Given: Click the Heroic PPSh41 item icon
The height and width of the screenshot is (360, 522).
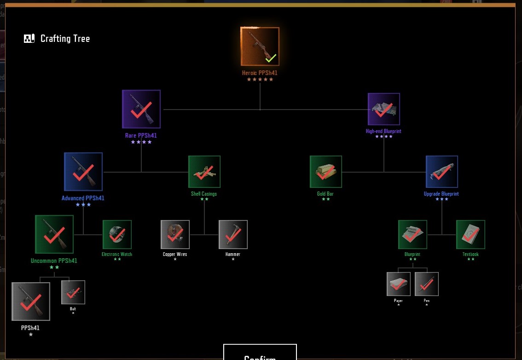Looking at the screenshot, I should pyautogui.click(x=260, y=46).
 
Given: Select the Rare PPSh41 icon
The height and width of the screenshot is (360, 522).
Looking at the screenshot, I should pyautogui.click(x=141, y=109).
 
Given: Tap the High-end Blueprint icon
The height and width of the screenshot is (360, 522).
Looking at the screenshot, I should pyautogui.click(x=384, y=109).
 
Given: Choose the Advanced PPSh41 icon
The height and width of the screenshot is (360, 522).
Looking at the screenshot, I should pyautogui.click(x=83, y=172).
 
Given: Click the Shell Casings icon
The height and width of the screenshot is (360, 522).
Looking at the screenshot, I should pyautogui.click(x=204, y=172).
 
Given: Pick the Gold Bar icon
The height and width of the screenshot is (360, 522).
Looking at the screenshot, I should pyautogui.click(x=326, y=172).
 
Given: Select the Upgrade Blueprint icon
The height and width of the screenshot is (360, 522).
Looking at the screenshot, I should pyautogui.click(x=442, y=172).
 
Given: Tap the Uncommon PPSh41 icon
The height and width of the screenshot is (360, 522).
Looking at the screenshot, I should pyautogui.click(x=54, y=234).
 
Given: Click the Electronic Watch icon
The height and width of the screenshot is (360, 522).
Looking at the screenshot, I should pyautogui.click(x=117, y=234).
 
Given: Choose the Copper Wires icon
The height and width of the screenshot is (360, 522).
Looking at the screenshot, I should pyautogui.click(x=175, y=234).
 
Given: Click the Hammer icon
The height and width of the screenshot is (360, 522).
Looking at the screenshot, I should pyautogui.click(x=233, y=234).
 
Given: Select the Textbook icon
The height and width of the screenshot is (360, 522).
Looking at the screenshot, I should pyautogui.click(x=470, y=234).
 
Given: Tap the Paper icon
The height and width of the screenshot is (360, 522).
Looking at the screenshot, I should pyautogui.click(x=399, y=284).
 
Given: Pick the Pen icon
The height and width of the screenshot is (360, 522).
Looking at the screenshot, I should pyautogui.click(x=427, y=284).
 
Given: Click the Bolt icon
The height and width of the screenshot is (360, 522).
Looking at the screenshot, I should pyautogui.click(x=73, y=292).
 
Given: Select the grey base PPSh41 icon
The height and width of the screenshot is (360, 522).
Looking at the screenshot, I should pyautogui.click(x=31, y=302).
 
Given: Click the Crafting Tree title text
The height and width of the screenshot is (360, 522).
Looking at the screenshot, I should pyautogui.click(x=65, y=39).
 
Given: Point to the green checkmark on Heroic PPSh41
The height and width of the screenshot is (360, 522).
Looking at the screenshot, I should pyautogui.click(x=271, y=58).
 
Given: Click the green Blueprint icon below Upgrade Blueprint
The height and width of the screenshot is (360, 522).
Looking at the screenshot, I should pyautogui.click(x=412, y=234).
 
